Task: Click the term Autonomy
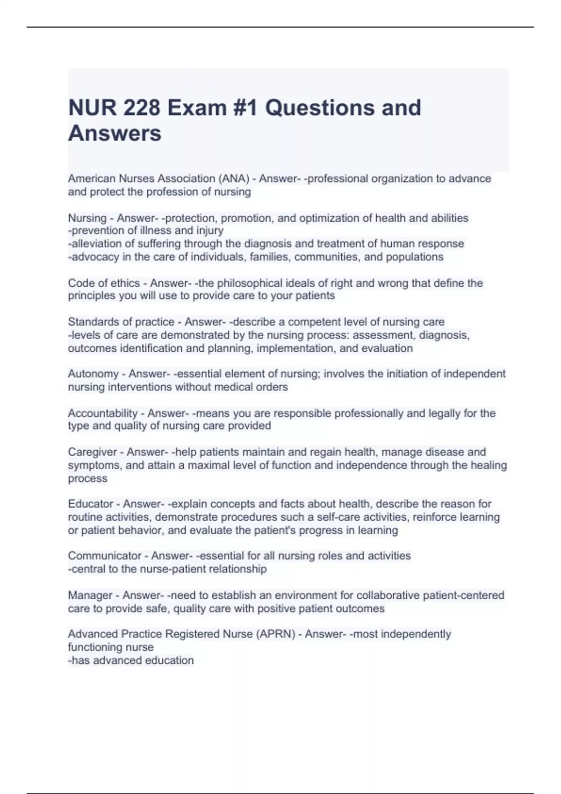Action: pyautogui.click(x=93, y=374)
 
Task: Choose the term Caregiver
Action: pyautogui.click(x=93, y=452)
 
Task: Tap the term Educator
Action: pyautogui.click(x=91, y=504)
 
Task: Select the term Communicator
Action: pyautogui.click(x=104, y=556)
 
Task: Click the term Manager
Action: pyautogui.click(x=90, y=595)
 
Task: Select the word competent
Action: pyautogui.click(x=313, y=322)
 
